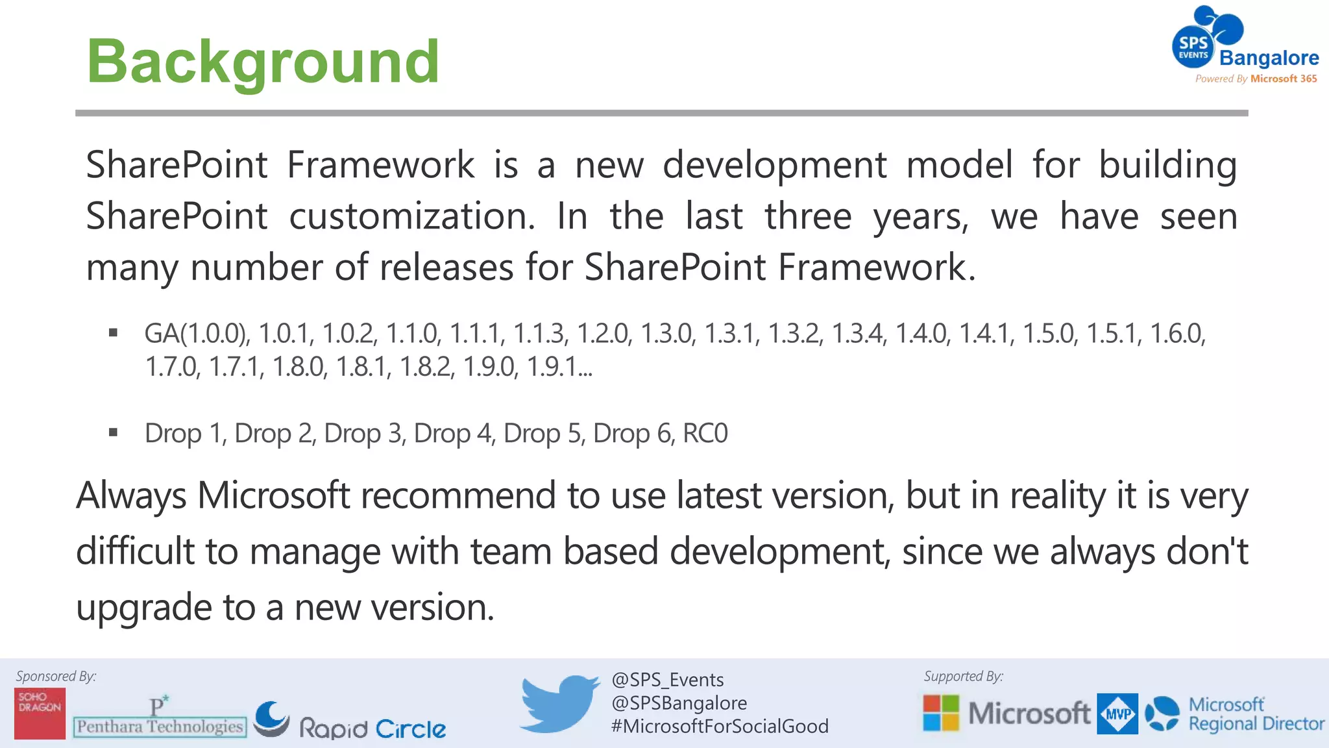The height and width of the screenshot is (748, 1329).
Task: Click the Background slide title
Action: click(263, 62)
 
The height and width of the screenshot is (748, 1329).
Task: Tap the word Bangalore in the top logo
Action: click(1269, 58)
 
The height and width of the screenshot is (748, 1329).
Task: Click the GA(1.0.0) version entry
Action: click(197, 334)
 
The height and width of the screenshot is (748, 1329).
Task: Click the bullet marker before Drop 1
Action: click(114, 432)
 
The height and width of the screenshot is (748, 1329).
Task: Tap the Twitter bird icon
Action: click(559, 703)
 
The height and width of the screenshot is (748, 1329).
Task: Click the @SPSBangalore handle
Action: click(679, 703)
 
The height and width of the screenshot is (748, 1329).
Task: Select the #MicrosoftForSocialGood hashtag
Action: click(719, 726)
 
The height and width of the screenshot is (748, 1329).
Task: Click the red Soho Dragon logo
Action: click(40, 713)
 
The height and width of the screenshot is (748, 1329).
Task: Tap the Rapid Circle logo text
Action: click(372, 729)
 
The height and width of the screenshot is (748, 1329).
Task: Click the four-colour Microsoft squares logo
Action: click(940, 713)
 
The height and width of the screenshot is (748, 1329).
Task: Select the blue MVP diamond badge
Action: click(1117, 714)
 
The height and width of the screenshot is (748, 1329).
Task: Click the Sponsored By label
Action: click(56, 676)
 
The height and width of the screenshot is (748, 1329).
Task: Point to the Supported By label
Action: click(963, 676)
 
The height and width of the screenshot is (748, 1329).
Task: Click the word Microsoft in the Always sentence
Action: click(273, 495)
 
